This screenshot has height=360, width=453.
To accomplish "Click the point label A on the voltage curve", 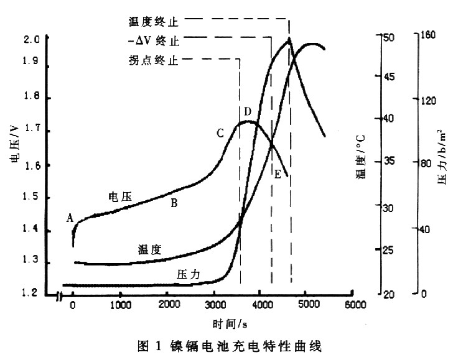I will pyautogui.click(x=70, y=218).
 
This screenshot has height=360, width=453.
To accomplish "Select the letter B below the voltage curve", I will pyautogui.click(x=174, y=203).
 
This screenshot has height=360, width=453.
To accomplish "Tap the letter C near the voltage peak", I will pyautogui.click(x=220, y=133).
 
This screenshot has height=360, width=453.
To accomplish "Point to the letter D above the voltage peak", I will pyautogui.click(x=247, y=111).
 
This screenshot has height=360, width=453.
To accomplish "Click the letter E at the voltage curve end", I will pyautogui.click(x=277, y=174).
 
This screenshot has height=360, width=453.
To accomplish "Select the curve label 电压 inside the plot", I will pyautogui.click(x=120, y=196).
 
